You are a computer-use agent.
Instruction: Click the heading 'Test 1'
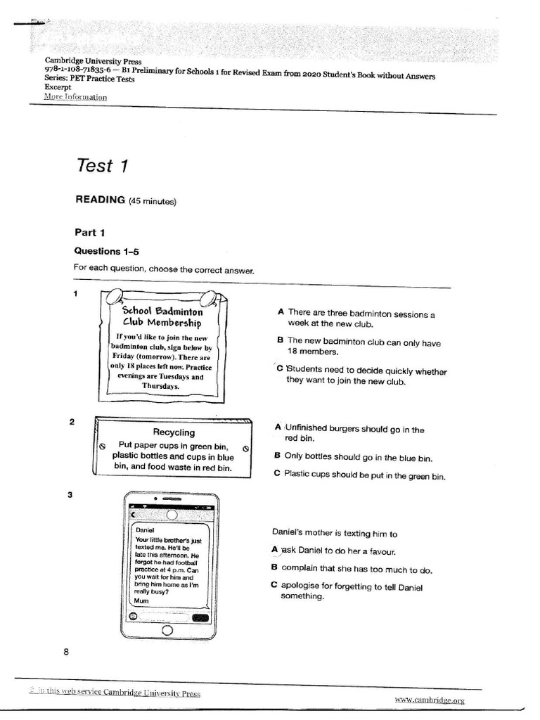tap(102, 166)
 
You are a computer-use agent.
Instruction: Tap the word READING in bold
tap(100, 200)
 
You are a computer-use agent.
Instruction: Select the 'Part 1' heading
tap(91, 231)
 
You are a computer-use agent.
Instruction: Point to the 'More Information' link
tap(75, 96)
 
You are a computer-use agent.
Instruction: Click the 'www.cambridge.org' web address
tap(429, 700)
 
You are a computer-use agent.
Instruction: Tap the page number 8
tap(66, 652)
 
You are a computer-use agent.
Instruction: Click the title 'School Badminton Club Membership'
tap(162, 316)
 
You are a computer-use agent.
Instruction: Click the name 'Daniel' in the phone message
tap(145, 529)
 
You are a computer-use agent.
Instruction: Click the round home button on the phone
tap(167, 631)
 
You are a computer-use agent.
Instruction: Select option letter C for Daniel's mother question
tap(274, 584)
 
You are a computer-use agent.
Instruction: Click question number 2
tap(71, 421)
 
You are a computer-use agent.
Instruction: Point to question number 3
tap(70, 495)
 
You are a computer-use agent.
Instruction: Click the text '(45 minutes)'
tap(153, 201)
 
